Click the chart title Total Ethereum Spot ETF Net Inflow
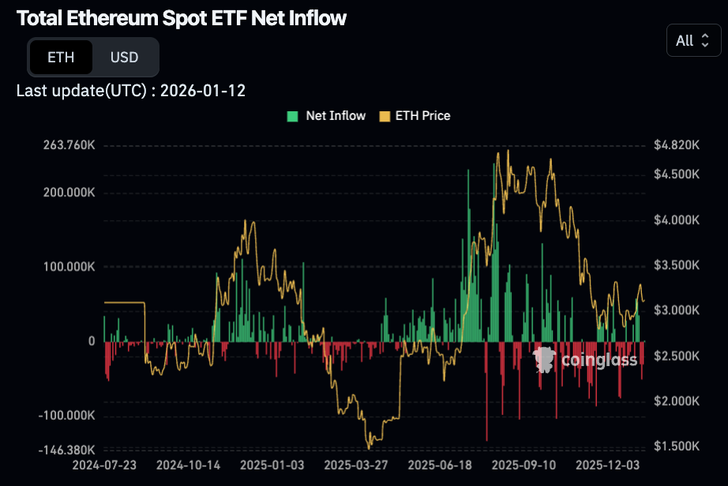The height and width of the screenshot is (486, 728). click(x=181, y=18)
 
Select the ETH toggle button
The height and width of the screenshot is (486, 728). click(x=61, y=57)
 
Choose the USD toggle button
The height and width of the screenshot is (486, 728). click(x=124, y=57)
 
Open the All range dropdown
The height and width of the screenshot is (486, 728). click(x=693, y=40)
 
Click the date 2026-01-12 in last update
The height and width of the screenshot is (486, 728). click(x=203, y=91)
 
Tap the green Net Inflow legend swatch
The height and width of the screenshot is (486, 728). click(x=292, y=116)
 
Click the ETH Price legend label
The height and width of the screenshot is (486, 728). click(x=422, y=116)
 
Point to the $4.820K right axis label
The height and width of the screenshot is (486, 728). click(x=677, y=145)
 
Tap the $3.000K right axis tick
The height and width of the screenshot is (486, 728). click(x=677, y=310)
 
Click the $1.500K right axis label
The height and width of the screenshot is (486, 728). click(x=677, y=447)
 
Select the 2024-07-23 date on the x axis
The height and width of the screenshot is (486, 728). click(x=103, y=466)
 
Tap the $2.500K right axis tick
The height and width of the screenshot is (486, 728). click(x=677, y=356)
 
